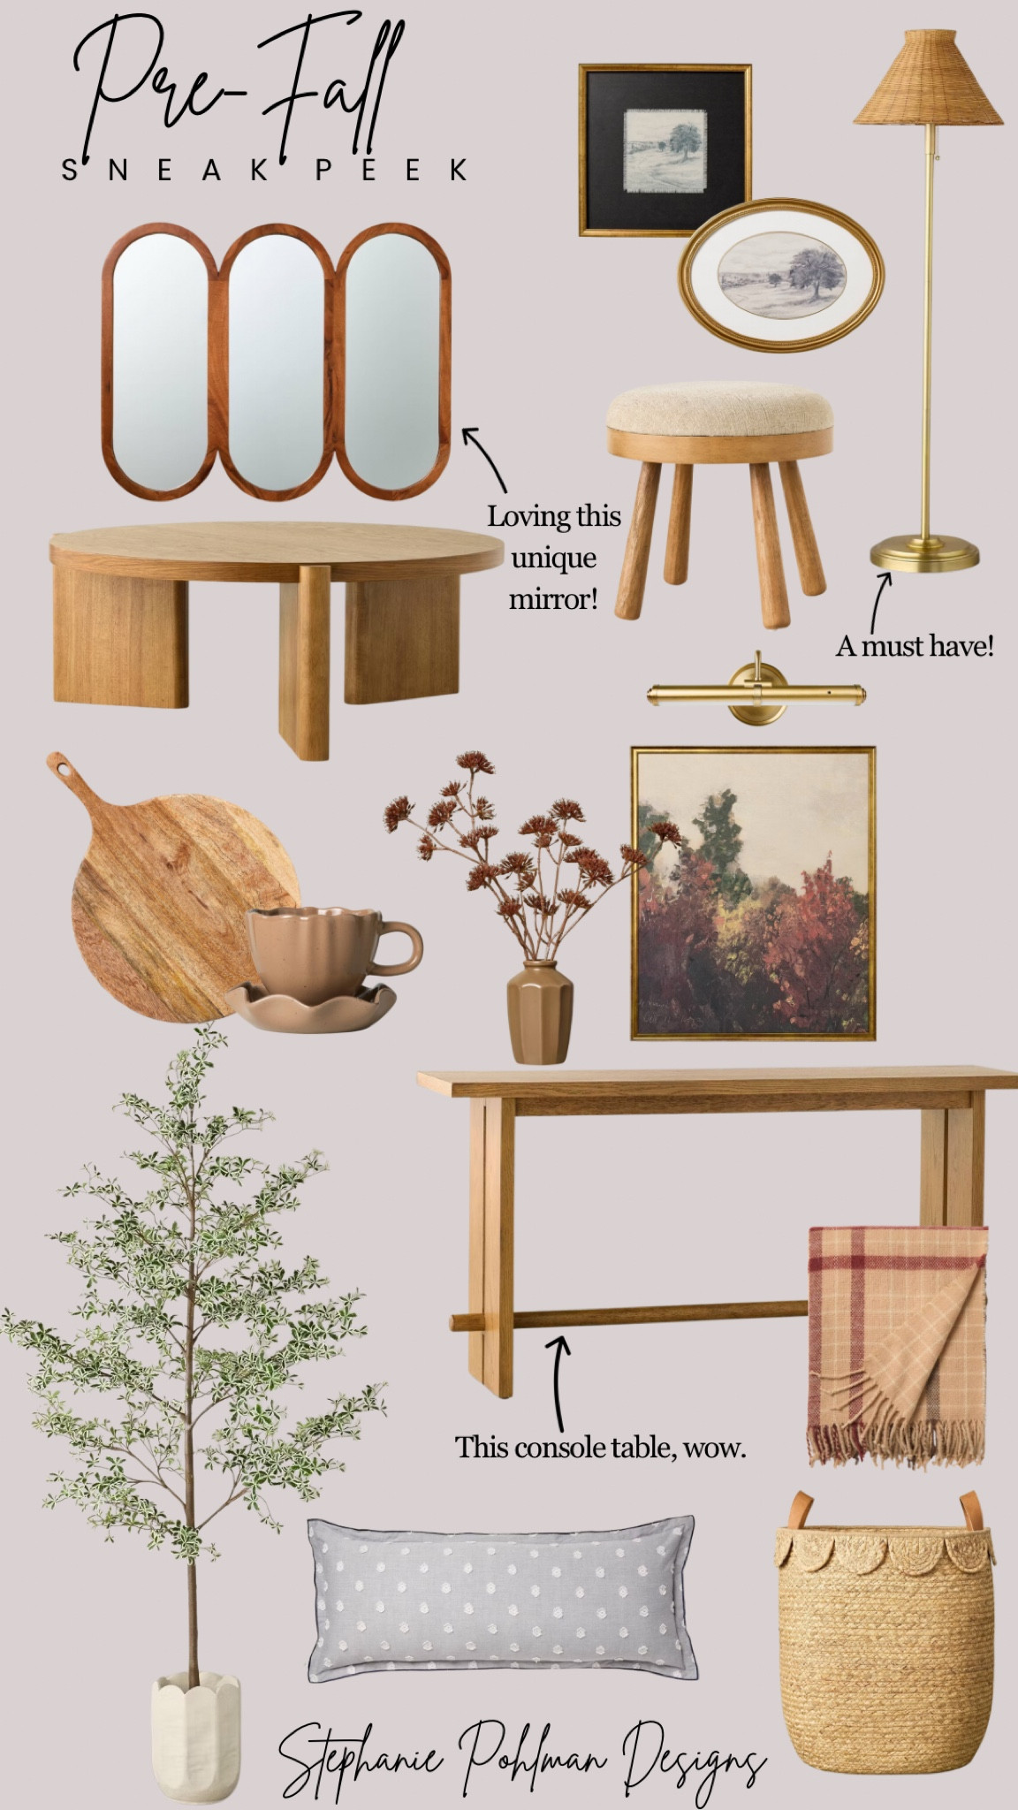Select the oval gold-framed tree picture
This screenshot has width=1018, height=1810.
781,276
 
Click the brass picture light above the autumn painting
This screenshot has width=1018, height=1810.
756,691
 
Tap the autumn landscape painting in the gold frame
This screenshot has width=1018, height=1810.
753,894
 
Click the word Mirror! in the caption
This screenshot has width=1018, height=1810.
553,600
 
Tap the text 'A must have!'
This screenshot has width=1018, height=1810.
915,646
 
